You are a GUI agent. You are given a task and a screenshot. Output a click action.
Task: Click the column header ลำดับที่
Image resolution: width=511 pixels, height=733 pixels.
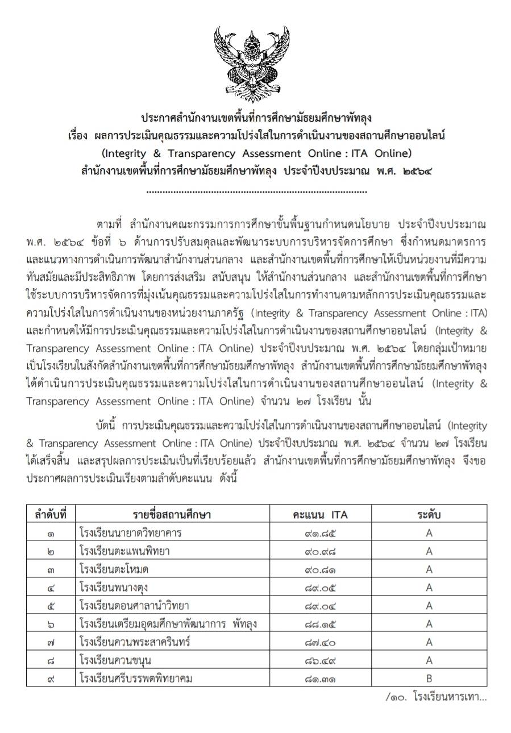click(x=51, y=515)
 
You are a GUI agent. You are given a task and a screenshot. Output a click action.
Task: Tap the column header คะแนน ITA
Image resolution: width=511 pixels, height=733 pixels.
click(x=320, y=515)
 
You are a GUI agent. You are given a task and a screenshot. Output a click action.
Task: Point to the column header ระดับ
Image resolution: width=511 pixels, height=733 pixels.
click(x=429, y=515)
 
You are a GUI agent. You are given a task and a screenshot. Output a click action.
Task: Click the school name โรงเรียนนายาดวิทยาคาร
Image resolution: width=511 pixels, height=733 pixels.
click(x=131, y=533)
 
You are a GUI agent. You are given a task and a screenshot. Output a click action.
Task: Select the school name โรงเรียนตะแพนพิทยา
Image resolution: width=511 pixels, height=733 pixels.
click(x=125, y=551)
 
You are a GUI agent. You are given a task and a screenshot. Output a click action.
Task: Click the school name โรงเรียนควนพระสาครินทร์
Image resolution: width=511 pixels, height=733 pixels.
click(x=135, y=642)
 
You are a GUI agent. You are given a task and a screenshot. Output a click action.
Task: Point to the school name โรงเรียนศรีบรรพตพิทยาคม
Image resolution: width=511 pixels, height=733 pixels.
click(x=137, y=678)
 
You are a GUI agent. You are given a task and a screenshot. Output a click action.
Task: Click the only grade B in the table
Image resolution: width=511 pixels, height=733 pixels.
click(x=429, y=678)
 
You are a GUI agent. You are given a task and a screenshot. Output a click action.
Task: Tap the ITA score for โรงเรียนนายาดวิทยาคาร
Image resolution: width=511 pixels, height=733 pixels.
click(x=320, y=533)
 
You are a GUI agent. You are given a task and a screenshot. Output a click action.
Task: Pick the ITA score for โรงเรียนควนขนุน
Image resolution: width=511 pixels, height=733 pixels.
click(x=320, y=660)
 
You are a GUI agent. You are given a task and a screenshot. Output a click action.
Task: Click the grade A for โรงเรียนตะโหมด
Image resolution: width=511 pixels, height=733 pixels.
click(x=429, y=569)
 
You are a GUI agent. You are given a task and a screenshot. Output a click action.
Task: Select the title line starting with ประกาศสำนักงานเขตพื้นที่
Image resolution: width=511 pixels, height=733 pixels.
click(x=256, y=118)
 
